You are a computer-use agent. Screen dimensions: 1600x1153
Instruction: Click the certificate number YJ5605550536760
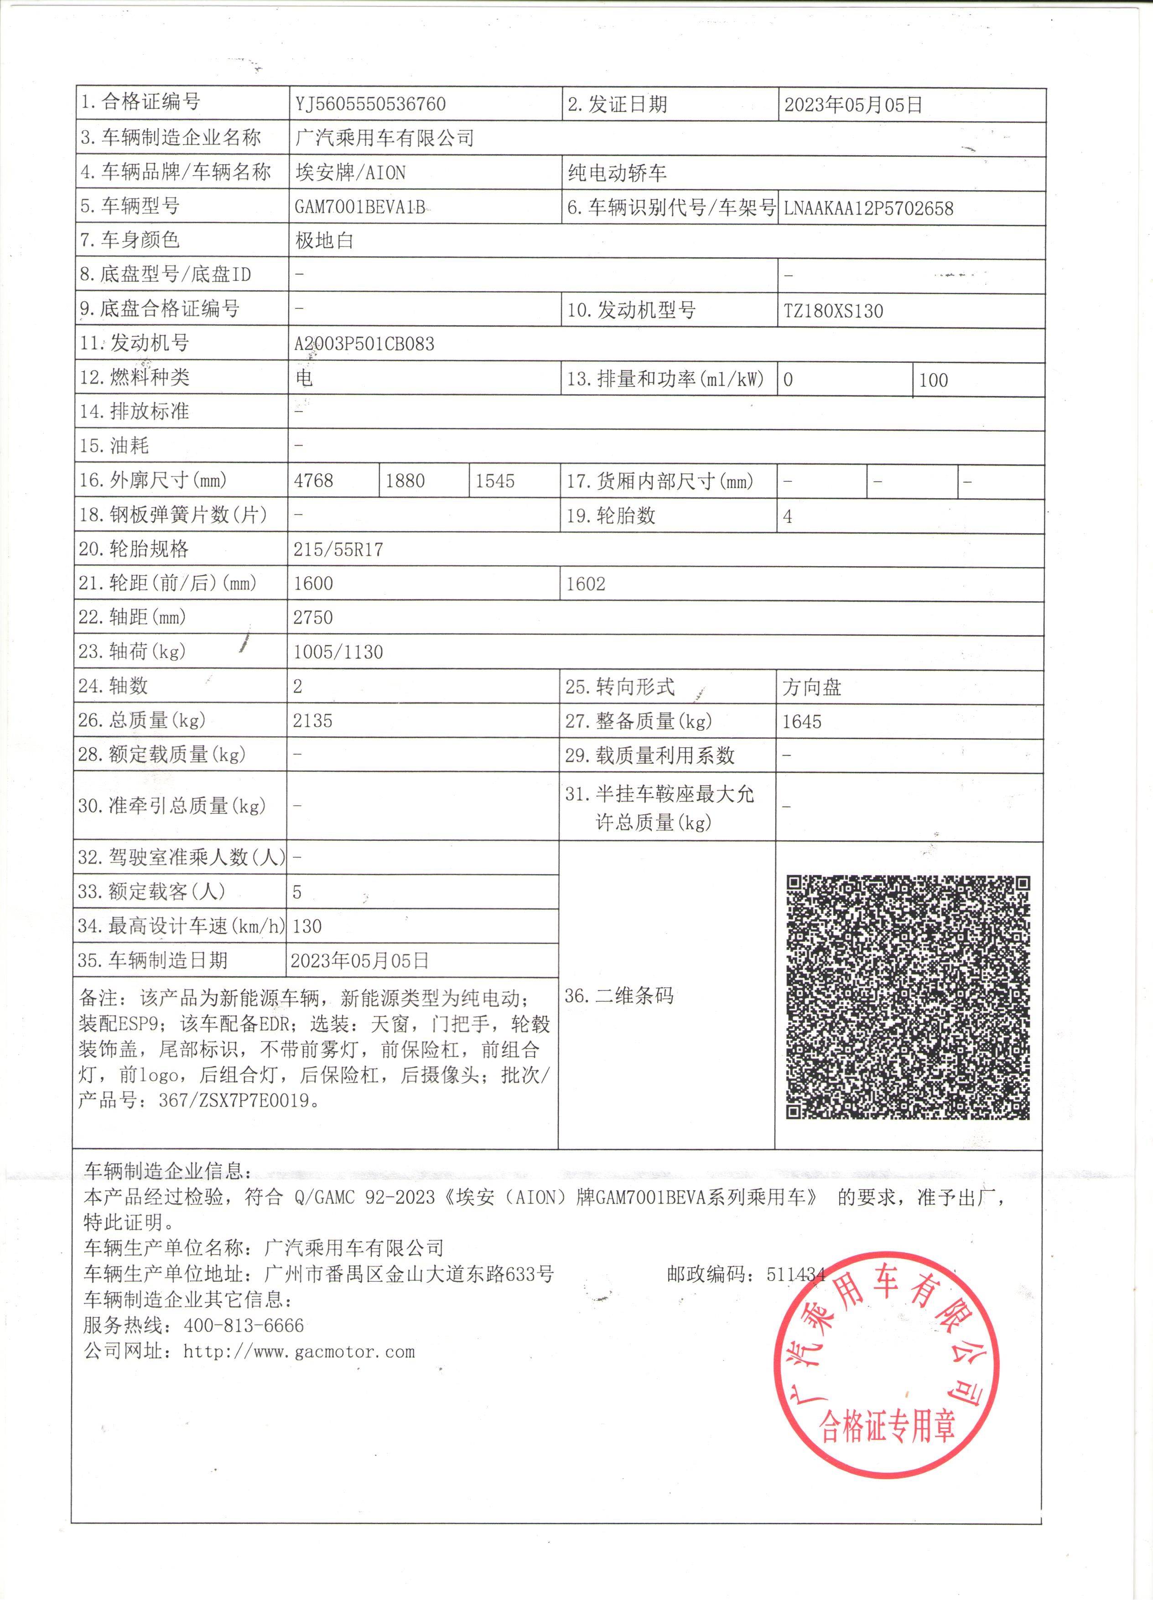[370, 104]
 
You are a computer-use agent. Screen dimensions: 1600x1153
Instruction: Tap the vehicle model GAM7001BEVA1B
[360, 207]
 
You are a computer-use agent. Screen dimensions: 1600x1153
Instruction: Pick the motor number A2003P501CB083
[364, 344]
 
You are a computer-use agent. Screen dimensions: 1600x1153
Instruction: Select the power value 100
[933, 380]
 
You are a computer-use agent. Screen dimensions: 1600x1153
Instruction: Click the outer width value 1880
[405, 481]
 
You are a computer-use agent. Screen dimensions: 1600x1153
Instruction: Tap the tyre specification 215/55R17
[338, 550]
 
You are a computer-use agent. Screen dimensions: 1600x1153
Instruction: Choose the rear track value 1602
[585, 584]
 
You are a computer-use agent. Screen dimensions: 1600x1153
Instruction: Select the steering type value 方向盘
[812, 687]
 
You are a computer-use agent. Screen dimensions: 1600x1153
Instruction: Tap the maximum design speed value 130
[307, 926]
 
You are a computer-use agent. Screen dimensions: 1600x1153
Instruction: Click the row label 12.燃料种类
[135, 377]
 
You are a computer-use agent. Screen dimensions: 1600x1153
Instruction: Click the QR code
[908, 997]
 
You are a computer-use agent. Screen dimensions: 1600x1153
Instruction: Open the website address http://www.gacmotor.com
[299, 1352]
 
